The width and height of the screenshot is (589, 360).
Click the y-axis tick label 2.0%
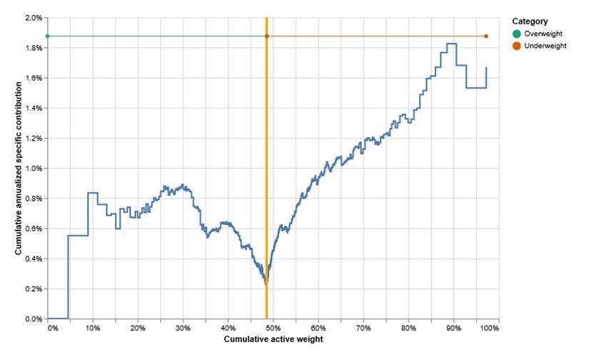(x=34, y=17)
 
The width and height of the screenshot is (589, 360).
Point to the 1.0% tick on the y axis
(x=34, y=168)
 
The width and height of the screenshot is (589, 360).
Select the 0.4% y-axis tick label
(x=34, y=259)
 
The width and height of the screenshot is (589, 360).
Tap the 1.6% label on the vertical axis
(x=34, y=78)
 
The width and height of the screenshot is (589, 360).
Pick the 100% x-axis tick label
(x=490, y=328)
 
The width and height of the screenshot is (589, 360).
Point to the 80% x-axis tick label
(x=409, y=328)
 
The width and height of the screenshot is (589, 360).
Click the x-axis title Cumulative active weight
(x=273, y=339)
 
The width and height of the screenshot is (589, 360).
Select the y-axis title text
(x=19, y=168)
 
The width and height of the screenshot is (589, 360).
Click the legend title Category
(x=530, y=21)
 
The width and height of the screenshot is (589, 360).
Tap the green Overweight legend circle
(x=517, y=34)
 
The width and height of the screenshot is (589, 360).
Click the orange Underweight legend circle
(x=517, y=46)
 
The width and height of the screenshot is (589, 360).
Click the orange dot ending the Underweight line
(x=486, y=36)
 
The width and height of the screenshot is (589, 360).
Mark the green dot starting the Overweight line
(x=48, y=36)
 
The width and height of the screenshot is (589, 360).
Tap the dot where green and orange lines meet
(x=267, y=36)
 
